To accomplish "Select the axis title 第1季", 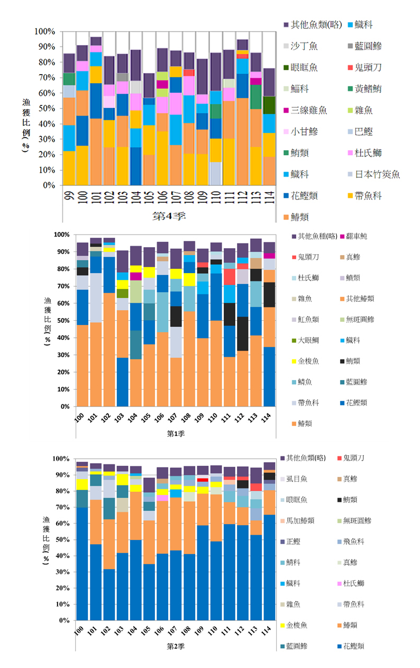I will point(176,434).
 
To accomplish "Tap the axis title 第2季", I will point(176,646).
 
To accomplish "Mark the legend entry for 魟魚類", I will point(309,319).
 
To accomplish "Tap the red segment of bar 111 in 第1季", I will point(230,277).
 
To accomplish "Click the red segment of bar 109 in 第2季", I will point(201,480).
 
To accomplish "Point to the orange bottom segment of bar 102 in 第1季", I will point(109,349).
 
